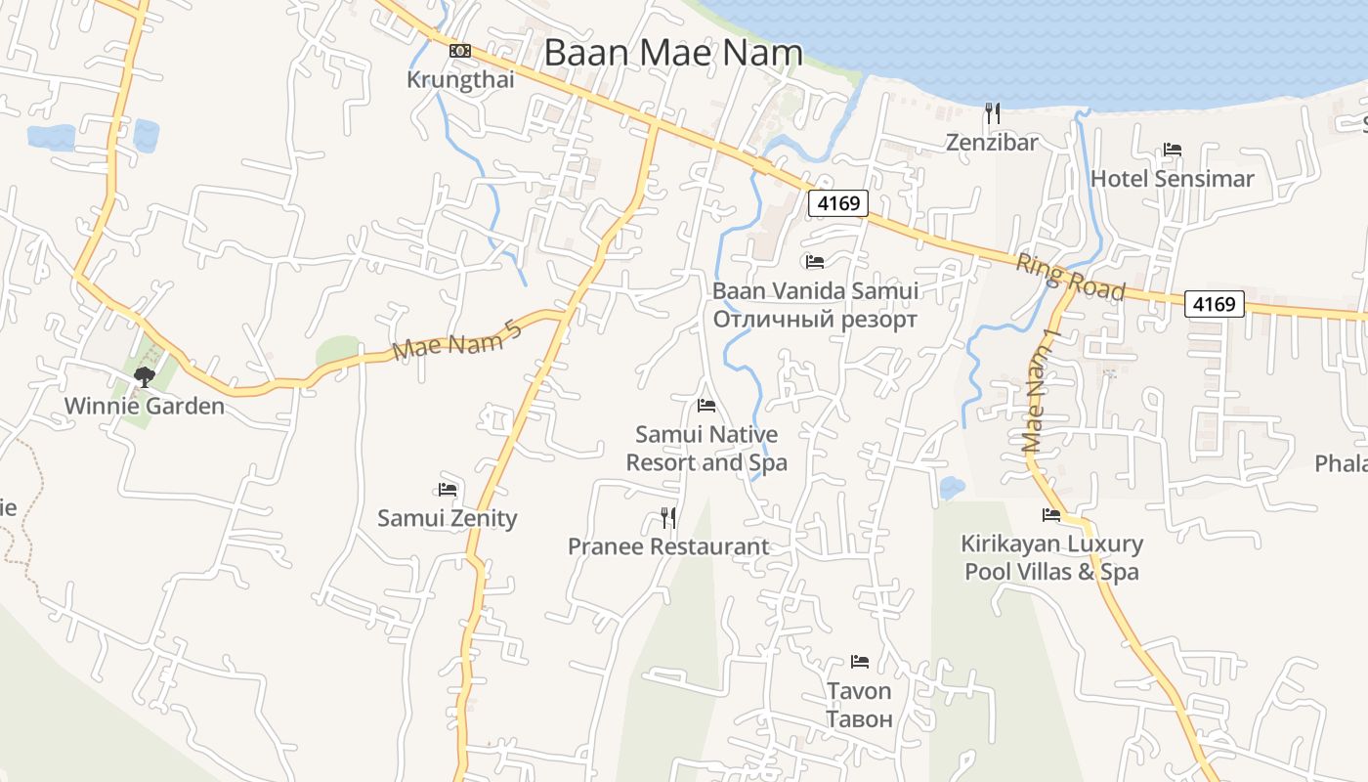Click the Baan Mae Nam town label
click(x=672, y=53)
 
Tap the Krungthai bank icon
click(x=460, y=51)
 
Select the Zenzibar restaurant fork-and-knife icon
click(x=992, y=113)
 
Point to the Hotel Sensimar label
click(x=1172, y=179)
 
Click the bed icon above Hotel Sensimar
click(x=1173, y=150)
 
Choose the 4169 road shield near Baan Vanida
click(x=838, y=203)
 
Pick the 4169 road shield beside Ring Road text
click(x=1216, y=304)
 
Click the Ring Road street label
click(x=1070, y=278)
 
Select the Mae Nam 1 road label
click(x=1040, y=390)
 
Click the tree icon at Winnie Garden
click(x=145, y=376)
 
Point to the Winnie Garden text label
click(x=145, y=406)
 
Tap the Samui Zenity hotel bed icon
click(x=448, y=489)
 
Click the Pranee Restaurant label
click(x=668, y=546)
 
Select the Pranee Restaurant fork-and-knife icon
click(x=668, y=517)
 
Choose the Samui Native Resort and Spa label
click(x=706, y=448)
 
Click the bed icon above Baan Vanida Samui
click(x=815, y=262)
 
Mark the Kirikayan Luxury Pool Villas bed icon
click(x=1051, y=514)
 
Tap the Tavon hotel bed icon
click(x=860, y=662)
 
